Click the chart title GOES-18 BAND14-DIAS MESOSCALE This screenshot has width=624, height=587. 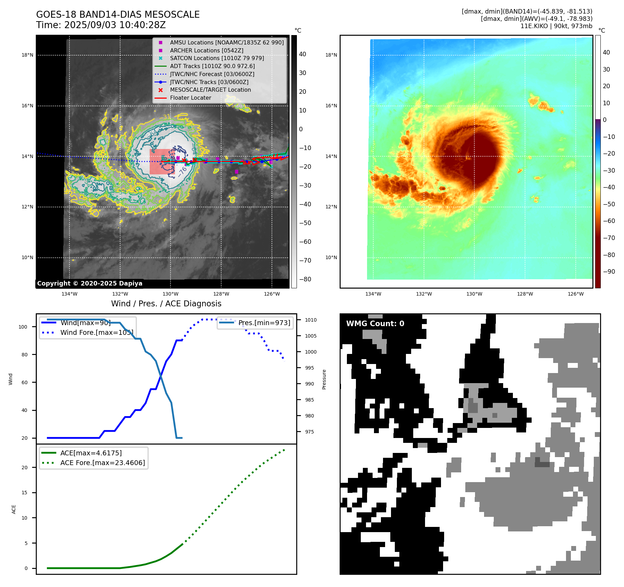pos(118,15)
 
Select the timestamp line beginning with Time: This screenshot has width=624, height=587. pos(101,25)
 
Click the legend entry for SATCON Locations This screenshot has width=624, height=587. pos(217,58)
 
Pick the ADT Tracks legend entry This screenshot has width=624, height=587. pos(212,66)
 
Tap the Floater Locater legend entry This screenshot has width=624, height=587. pos(190,98)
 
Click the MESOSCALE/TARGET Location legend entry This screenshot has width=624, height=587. pos(210,90)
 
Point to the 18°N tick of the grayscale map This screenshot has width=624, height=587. pos(27,55)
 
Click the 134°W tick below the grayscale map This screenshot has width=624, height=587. pos(69,294)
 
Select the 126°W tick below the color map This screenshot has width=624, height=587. pos(575,294)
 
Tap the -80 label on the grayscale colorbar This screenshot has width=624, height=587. pos(305,279)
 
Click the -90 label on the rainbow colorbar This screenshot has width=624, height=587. pos(609,272)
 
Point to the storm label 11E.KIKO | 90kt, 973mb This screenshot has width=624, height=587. pos(556,26)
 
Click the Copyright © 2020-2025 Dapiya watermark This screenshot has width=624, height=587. pos(90,283)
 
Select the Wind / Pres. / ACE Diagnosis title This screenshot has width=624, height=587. pos(166,304)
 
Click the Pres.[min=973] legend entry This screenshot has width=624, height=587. pos(264,323)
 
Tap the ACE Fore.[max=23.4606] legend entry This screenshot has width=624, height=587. pos(102,463)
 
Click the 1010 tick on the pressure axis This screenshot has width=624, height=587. pos(311,320)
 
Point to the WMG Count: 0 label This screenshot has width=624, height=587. pos(375,323)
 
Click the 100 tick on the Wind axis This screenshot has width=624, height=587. pos(23,327)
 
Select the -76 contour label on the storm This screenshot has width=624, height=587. pos(183,171)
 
